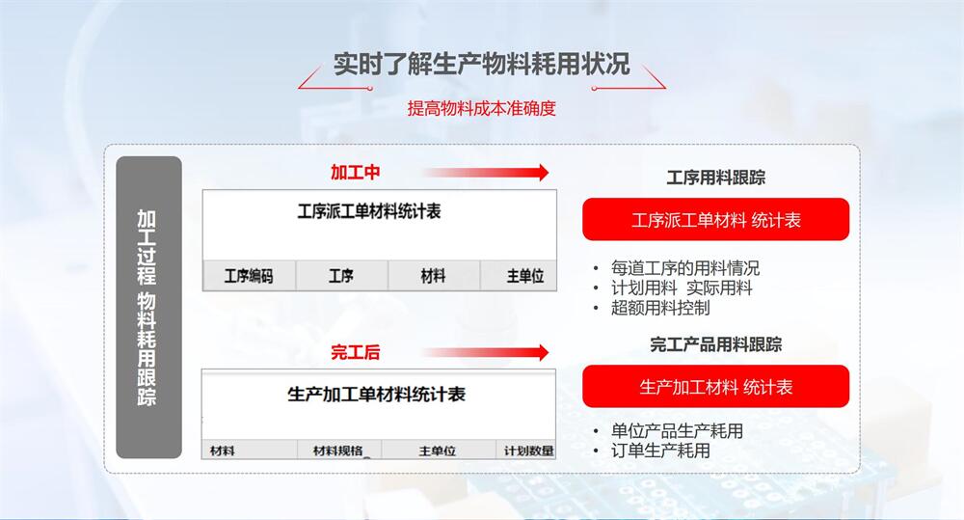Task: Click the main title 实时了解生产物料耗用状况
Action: (482, 64)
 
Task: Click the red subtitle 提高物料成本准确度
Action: (481, 108)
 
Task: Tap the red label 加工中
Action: (356, 173)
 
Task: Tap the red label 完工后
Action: (356, 352)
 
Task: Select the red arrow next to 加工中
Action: (486, 173)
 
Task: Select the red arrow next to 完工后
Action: (486, 352)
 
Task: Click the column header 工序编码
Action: (249, 276)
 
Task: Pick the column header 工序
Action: (341, 276)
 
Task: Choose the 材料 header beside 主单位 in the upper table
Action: (434, 276)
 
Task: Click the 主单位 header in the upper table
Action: (525, 276)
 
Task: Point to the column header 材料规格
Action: (338, 452)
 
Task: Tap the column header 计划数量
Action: (528, 452)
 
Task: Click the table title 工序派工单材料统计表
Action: (369, 211)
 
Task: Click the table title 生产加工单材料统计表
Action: (376, 394)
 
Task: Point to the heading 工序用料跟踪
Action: (716, 178)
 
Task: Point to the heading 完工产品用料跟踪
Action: (716, 344)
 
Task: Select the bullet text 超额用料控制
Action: (661, 308)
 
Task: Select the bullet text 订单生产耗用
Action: (661, 452)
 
